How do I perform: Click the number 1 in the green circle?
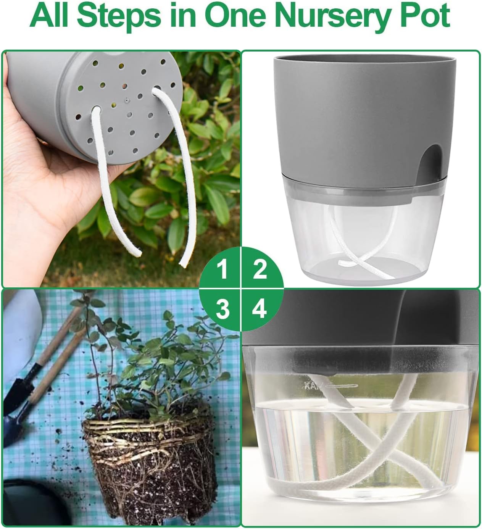pyautogui.click(x=222, y=269)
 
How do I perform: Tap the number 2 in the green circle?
pyautogui.click(x=260, y=269)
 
